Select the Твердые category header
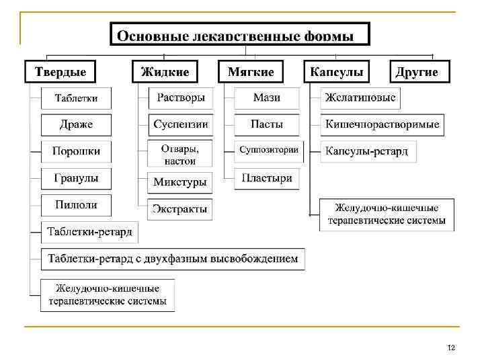coord(61,72)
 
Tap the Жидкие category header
coord(165,72)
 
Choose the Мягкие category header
coord(251,72)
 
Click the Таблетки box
coord(76,98)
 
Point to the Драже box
coord(76,124)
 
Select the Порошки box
coord(76,151)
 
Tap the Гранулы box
coord(76,178)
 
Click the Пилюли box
coord(76,205)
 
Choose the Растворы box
coord(180,98)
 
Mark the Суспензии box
coord(180,124)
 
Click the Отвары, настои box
coord(179,154)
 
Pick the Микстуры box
coord(179,182)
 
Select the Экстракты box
coord(179,208)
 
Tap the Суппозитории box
coord(268,150)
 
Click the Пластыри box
coord(267,178)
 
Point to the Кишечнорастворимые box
coord(382,124)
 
